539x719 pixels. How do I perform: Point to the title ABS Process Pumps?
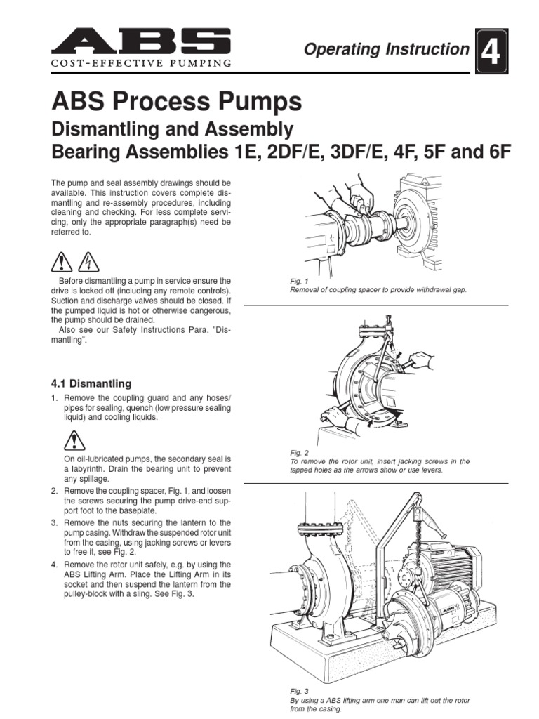[177, 102]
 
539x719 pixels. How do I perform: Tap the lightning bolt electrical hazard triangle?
[88, 263]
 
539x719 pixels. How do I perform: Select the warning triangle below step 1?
[74, 441]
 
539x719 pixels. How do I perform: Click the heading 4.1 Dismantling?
[91, 383]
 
